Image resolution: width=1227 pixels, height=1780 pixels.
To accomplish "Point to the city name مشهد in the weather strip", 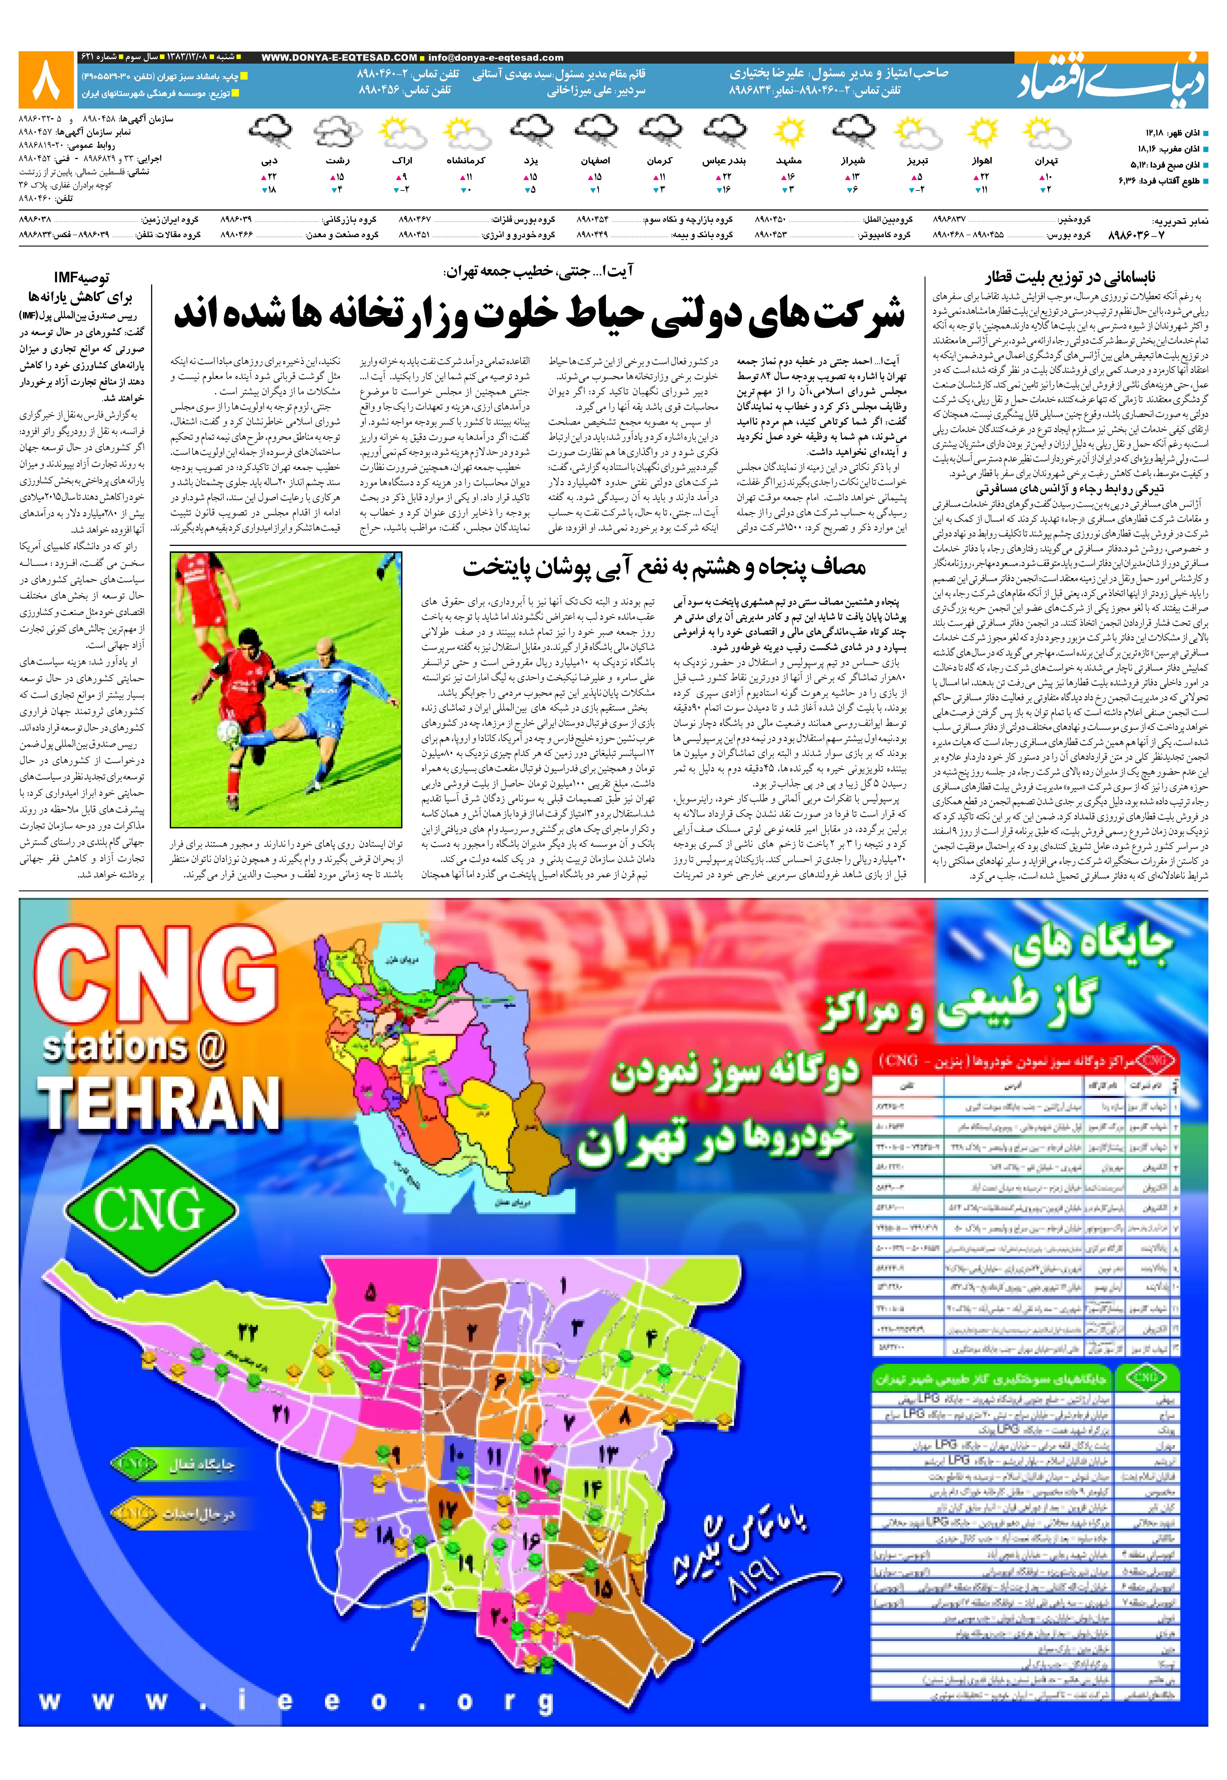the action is coord(789,161).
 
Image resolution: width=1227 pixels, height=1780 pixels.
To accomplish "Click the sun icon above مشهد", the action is coord(789,132).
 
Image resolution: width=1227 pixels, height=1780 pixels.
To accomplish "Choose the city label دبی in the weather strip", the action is coord(269,161).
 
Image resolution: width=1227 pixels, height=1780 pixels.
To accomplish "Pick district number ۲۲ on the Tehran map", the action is coord(248,1332).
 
